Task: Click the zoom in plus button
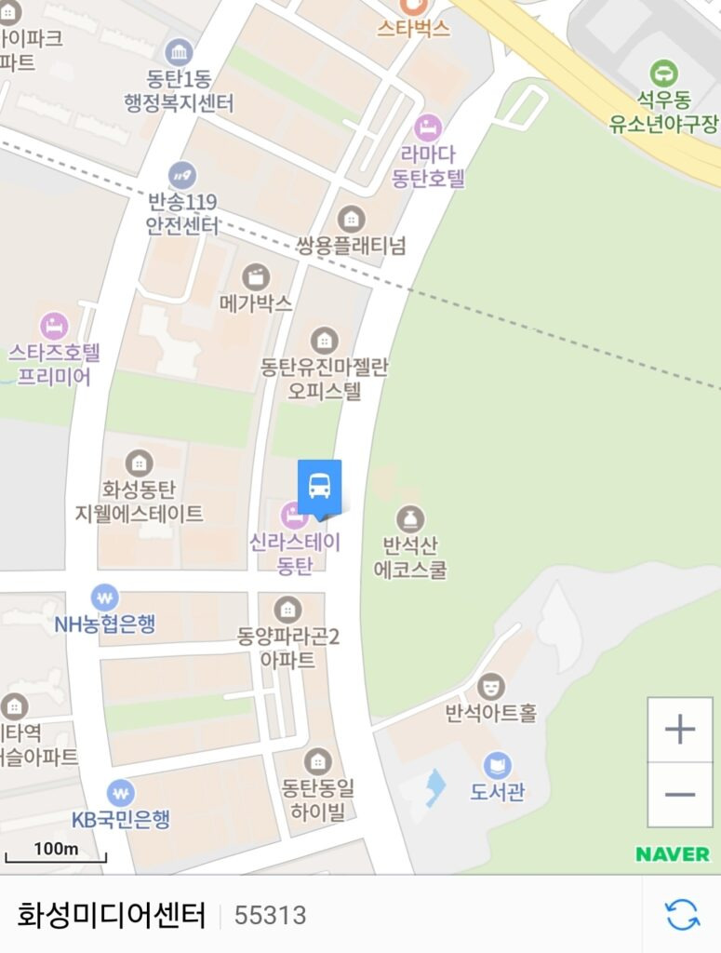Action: coord(680,730)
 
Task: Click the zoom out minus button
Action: coord(680,794)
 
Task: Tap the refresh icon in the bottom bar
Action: coord(682,914)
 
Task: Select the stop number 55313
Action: coord(270,916)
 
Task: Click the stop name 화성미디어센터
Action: coord(111,915)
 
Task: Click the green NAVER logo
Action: coord(673,853)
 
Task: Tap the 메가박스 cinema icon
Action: coord(255,276)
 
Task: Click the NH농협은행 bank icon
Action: coord(104,597)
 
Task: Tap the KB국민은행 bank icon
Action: coord(120,793)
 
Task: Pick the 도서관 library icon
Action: coord(497,766)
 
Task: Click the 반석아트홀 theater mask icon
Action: coord(490,687)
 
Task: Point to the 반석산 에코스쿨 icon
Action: coord(409,519)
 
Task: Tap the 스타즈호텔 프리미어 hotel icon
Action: coord(54,326)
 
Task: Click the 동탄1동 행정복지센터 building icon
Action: coord(179,51)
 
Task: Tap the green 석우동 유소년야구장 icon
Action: coord(663,72)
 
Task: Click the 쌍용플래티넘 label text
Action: coord(351,247)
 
